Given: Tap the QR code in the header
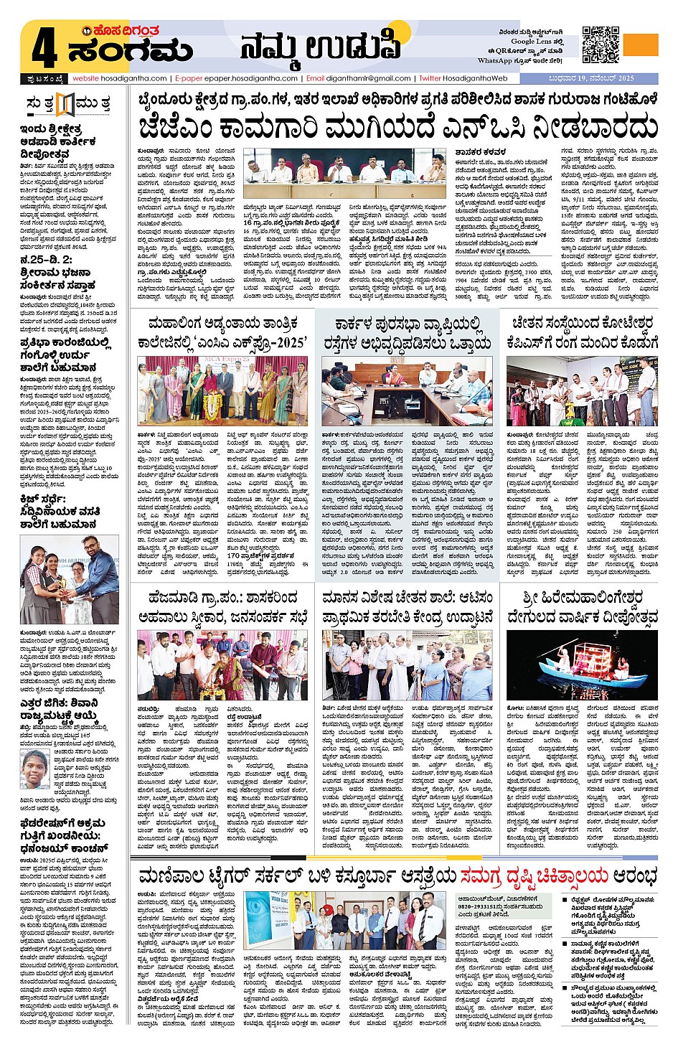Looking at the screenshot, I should coord(601,44).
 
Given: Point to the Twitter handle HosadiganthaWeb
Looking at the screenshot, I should coord(474,78).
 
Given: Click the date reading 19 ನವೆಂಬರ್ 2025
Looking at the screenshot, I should coord(601,78).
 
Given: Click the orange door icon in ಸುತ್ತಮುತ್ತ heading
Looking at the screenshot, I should coord(66,105).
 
